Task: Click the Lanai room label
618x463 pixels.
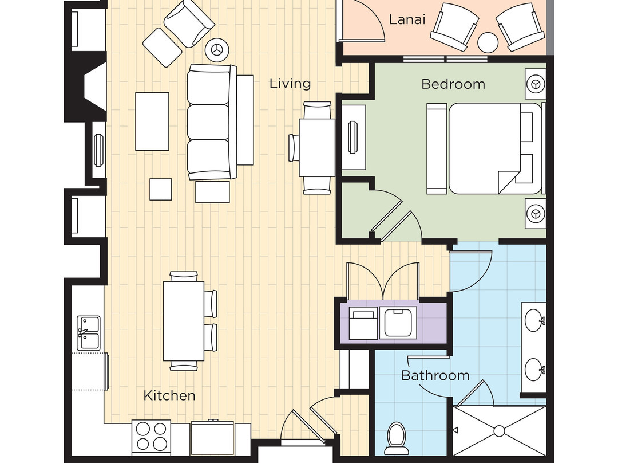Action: pyautogui.click(x=407, y=19)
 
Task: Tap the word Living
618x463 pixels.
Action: pyautogui.click(x=290, y=84)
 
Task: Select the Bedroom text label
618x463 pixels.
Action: pyautogui.click(x=453, y=84)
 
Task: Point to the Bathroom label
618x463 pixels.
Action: pyautogui.click(x=435, y=375)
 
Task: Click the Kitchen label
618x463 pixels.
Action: pyautogui.click(x=169, y=395)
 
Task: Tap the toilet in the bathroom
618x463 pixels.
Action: pyautogui.click(x=396, y=438)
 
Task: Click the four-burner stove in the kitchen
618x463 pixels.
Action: pyautogui.click(x=151, y=437)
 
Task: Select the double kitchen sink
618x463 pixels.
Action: pyautogui.click(x=88, y=333)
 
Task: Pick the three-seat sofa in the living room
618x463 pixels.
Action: pyautogui.click(x=212, y=121)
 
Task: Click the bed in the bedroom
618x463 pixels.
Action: pyautogui.click(x=496, y=148)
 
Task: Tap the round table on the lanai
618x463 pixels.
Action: pyautogui.click(x=488, y=42)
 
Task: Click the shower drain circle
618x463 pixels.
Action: pyautogui.click(x=500, y=431)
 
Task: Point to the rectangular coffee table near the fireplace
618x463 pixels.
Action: pyautogui.click(x=152, y=121)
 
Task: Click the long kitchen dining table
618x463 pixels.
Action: pyautogui.click(x=184, y=321)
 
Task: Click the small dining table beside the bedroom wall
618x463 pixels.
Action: pyautogui.click(x=317, y=147)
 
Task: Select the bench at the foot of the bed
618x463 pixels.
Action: pyautogui.click(x=437, y=148)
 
